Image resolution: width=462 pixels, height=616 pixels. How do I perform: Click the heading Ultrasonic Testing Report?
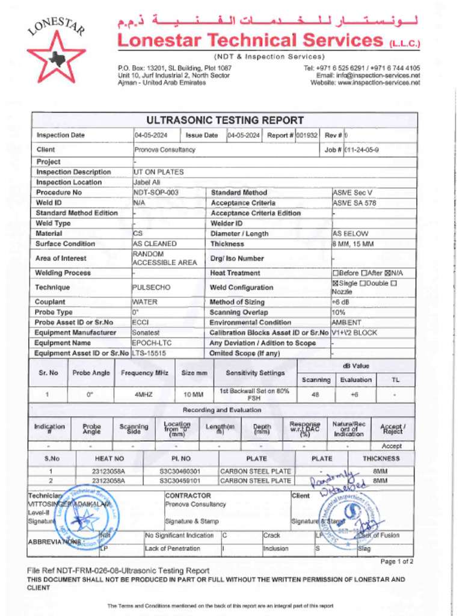click(x=224, y=120)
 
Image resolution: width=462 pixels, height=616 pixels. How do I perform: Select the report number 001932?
click(x=307, y=135)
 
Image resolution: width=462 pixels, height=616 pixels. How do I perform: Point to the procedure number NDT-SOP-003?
click(x=156, y=192)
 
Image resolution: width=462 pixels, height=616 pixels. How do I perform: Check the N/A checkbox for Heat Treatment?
click(x=387, y=273)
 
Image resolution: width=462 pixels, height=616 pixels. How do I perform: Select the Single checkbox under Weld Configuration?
click(x=335, y=283)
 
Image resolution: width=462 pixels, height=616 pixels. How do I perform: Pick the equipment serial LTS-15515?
click(x=149, y=353)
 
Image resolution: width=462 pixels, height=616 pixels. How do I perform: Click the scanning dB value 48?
click(x=316, y=395)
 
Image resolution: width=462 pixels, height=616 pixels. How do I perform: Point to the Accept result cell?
click(x=392, y=446)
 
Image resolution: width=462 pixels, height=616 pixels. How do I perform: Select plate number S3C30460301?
click(x=180, y=472)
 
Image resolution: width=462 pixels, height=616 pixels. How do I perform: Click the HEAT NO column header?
click(x=109, y=458)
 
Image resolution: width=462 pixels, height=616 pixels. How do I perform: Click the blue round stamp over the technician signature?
click(x=88, y=516)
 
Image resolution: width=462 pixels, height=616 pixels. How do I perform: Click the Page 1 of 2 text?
click(x=397, y=561)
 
